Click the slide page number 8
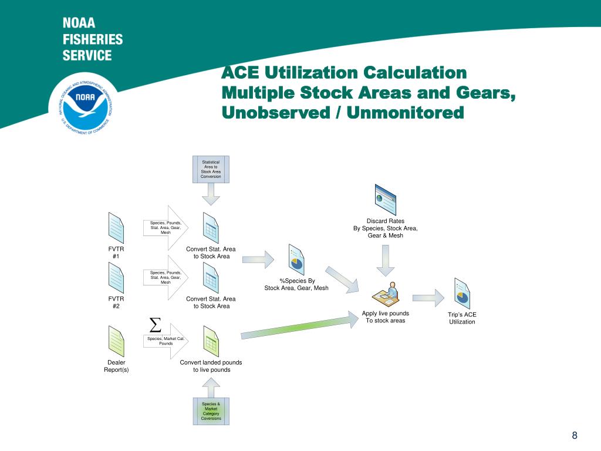tap(575, 435)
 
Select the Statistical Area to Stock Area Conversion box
tap(211, 169)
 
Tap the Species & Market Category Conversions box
tap(211, 411)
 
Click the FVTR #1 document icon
tap(116, 228)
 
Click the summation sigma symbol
tap(155, 324)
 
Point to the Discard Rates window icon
tap(385, 200)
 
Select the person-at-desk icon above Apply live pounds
tap(386, 294)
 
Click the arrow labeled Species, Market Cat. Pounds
tap(167, 341)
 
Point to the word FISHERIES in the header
tap(93, 40)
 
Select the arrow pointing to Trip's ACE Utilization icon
tap(428, 297)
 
